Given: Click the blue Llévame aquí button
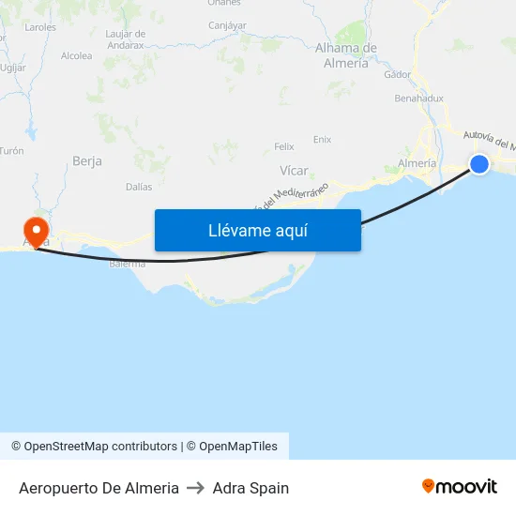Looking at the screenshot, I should [x=257, y=230].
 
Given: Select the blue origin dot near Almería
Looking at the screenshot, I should [x=479, y=164].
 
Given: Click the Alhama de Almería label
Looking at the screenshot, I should [x=346, y=55].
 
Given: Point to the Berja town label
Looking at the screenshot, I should [x=87, y=161].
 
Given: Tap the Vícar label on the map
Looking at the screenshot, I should [x=295, y=171].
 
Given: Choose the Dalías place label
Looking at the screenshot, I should [x=139, y=187].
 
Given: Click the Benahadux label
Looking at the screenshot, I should [x=419, y=98].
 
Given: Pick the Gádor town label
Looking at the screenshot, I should [x=398, y=74].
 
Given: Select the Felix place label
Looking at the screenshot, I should [x=283, y=146].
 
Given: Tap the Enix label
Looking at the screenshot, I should [x=322, y=140].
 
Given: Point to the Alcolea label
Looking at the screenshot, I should [x=77, y=56].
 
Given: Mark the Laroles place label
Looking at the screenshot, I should [x=40, y=28].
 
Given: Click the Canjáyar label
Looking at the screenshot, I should [x=227, y=25].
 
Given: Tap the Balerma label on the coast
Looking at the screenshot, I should [x=128, y=264].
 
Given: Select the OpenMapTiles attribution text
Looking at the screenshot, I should [x=238, y=447].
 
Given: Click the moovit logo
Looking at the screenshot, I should [x=460, y=487].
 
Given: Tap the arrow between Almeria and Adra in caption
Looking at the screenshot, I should [x=196, y=488].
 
